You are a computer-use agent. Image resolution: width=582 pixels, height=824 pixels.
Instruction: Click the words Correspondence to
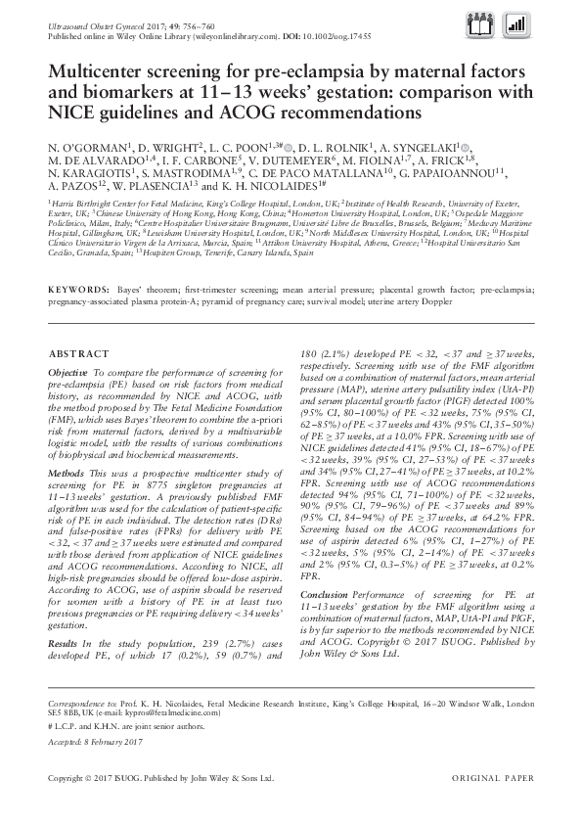79,704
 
